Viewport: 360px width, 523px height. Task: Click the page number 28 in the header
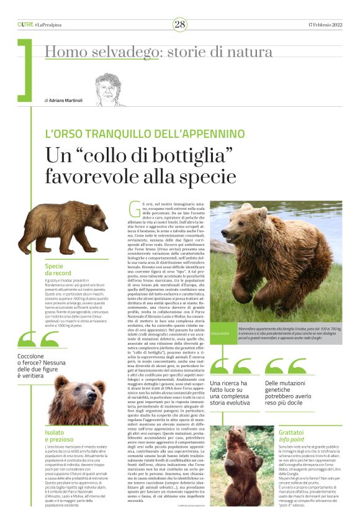pos(180,24)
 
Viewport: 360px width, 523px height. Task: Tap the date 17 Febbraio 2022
pos(325,24)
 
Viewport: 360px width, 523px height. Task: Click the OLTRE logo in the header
pos(25,24)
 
